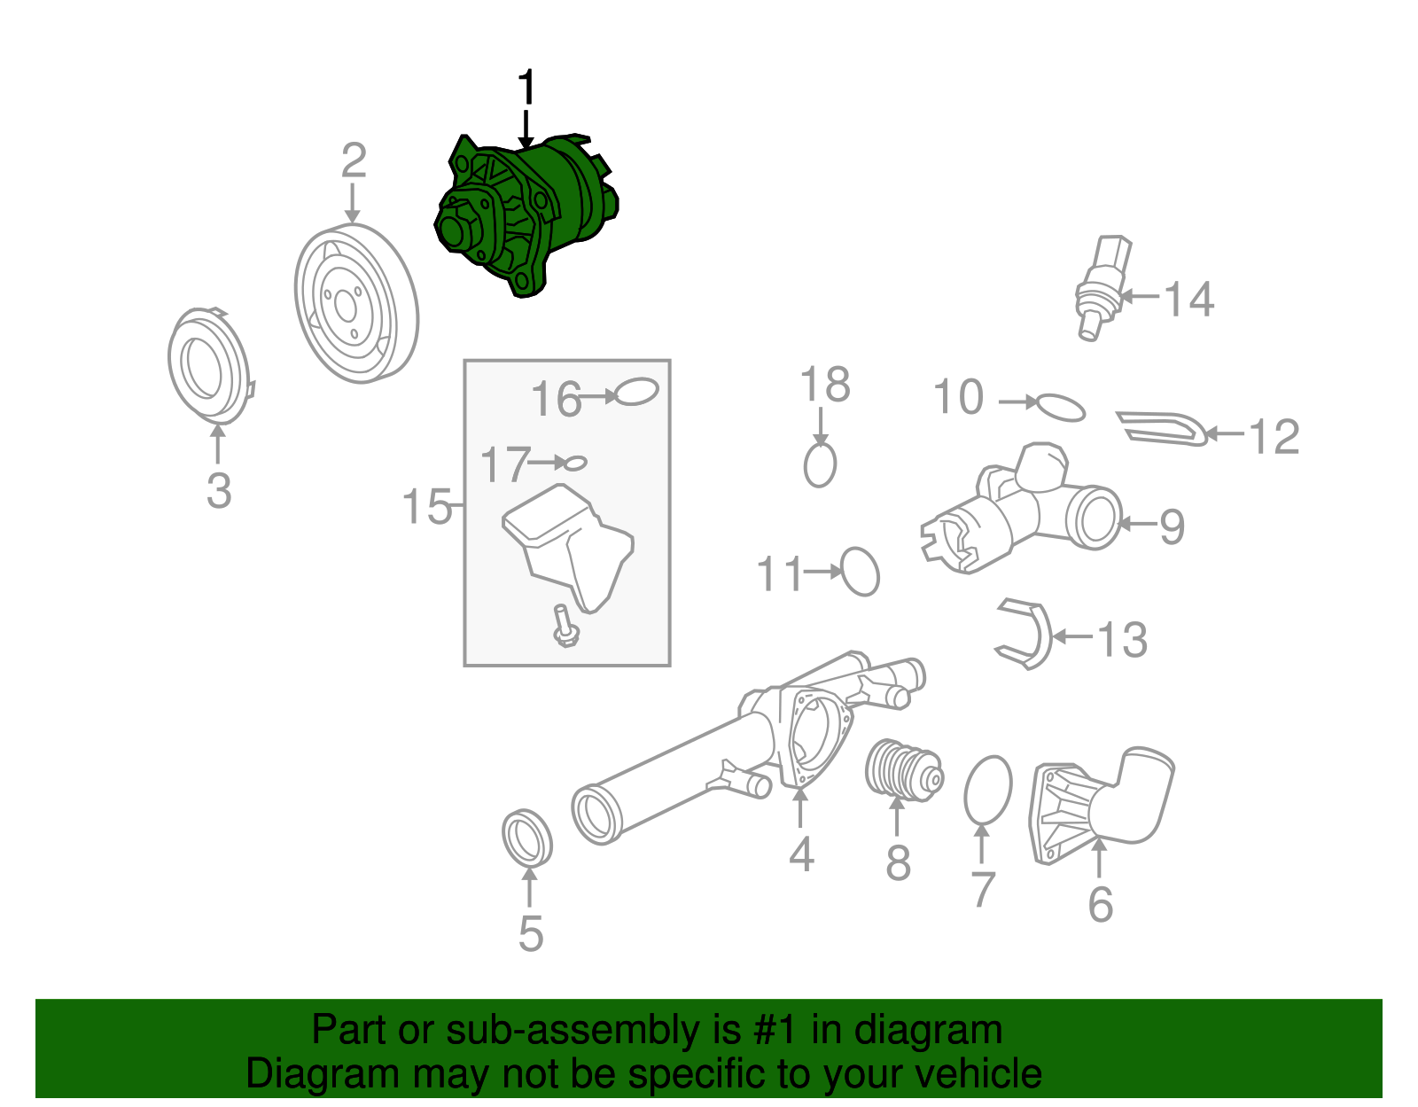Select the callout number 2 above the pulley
[x=354, y=161]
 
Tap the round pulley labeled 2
[x=356, y=303]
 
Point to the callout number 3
[x=219, y=490]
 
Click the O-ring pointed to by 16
[x=636, y=392]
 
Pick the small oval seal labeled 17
[x=575, y=463]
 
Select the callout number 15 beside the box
[x=425, y=507]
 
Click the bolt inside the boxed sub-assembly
[x=564, y=626]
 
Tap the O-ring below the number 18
[x=820, y=465]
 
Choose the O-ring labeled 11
[x=860, y=572]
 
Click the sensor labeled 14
[x=1101, y=288]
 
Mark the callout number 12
[x=1274, y=436]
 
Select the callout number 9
[x=1172, y=526]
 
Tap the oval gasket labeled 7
[x=987, y=791]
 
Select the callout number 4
[x=801, y=854]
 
